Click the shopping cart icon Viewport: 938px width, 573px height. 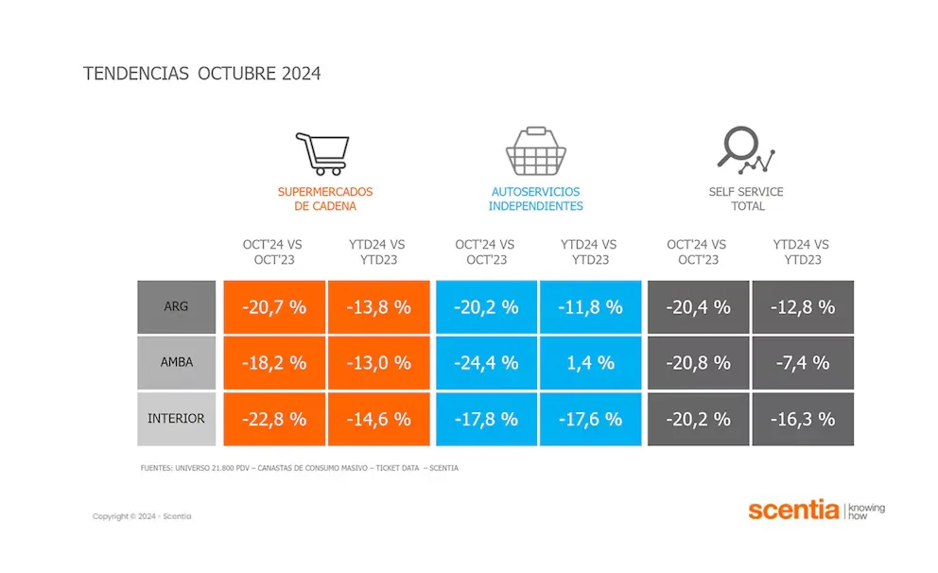click(x=322, y=153)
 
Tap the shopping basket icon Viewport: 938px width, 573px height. click(x=535, y=151)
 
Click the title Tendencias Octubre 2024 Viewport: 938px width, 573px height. click(x=202, y=74)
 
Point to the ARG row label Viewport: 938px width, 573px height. click(x=177, y=306)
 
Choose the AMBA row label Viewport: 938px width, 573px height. click(x=177, y=362)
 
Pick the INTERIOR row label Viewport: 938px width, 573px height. click(x=177, y=418)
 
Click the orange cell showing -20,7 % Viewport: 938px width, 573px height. click(x=274, y=306)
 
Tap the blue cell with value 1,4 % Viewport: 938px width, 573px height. click(x=591, y=362)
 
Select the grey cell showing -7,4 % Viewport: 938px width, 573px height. click(x=803, y=362)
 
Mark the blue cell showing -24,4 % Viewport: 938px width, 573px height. click(x=486, y=362)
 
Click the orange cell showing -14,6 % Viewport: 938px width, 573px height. click(x=378, y=418)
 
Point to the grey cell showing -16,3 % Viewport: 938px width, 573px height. click(x=803, y=418)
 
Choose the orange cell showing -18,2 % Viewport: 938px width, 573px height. click(x=274, y=362)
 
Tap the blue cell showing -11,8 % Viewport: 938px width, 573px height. click(x=591, y=306)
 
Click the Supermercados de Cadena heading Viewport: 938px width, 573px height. click(x=324, y=199)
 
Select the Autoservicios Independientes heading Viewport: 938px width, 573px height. click(x=535, y=199)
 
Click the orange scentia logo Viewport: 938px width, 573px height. click(x=793, y=511)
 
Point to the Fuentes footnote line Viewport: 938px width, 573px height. click(x=298, y=468)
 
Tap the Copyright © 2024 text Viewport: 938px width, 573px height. click(x=142, y=516)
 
